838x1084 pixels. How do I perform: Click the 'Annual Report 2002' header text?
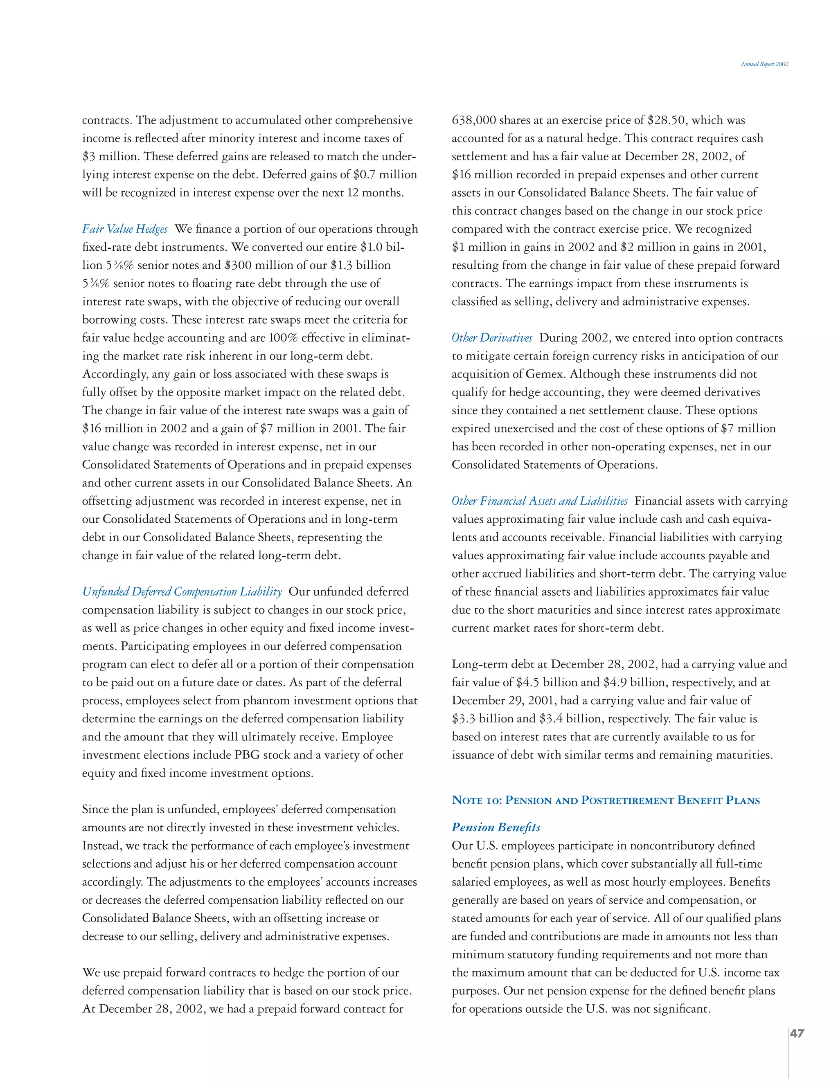point(764,64)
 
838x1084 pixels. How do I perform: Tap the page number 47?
point(797,1033)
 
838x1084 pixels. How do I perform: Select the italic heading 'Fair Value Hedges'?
point(125,229)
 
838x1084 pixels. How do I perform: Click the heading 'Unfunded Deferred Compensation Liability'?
point(182,592)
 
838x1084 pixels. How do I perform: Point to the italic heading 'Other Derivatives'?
point(491,338)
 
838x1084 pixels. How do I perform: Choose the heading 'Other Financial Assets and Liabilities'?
point(539,502)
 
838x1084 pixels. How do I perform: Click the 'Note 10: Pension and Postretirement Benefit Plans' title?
point(605,800)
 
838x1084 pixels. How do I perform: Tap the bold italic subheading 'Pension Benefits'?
point(496,828)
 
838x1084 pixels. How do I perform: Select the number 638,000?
point(473,121)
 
